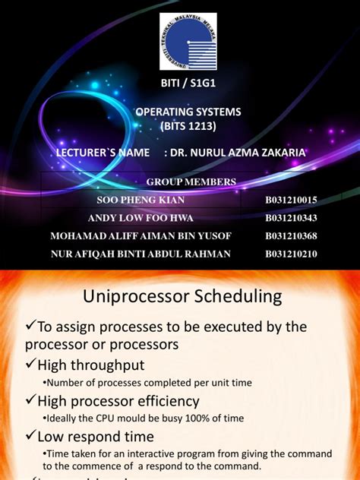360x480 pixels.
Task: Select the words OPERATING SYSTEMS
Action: pyautogui.click(x=188, y=112)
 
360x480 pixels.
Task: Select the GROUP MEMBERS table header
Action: pyautogui.click(x=191, y=181)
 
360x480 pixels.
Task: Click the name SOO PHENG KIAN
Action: pyautogui.click(x=141, y=200)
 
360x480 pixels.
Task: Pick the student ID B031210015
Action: pyautogui.click(x=291, y=200)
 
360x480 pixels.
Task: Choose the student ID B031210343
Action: pyautogui.click(x=291, y=218)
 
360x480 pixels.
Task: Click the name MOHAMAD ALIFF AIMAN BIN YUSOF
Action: pyautogui.click(x=141, y=235)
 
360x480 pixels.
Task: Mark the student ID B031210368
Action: pyautogui.click(x=291, y=235)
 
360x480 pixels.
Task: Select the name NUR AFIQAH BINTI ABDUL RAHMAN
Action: pyautogui.click(x=141, y=254)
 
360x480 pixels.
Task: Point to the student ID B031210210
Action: pyautogui.click(x=291, y=254)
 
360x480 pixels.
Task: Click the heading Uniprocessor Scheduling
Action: pyautogui.click(x=180, y=295)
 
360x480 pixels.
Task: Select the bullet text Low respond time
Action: pyautogui.click(x=95, y=437)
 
